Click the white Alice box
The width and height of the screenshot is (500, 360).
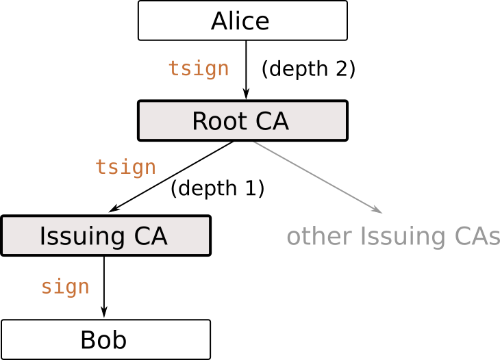tap(242, 21)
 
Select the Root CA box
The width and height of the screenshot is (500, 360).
tap(242, 121)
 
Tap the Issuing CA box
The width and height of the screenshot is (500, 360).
tap(105, 235)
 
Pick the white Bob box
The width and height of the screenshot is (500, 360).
tap(105, 339)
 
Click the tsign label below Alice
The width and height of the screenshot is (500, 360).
tap(198, 68)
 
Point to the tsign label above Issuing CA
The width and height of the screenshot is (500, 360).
tap(125, 167)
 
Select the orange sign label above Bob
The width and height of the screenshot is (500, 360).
tap(65, 286)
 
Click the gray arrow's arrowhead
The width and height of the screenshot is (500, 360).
tap(377, 209)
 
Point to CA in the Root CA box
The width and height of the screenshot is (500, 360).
tap(272, 122)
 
